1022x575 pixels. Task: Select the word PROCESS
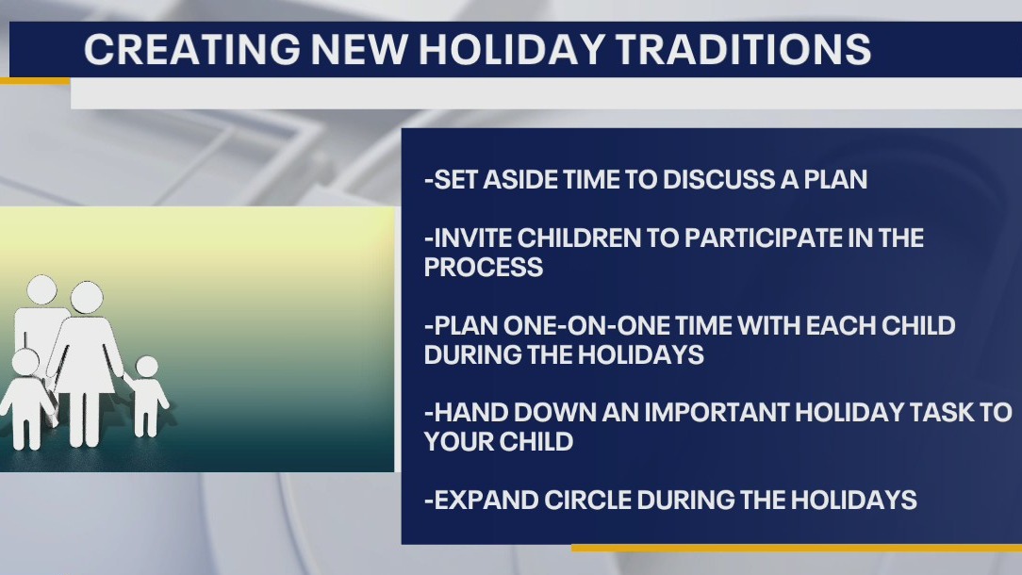[484, 268]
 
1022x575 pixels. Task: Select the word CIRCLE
[602, 501]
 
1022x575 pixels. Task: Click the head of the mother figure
[86, 299]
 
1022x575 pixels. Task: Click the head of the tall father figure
[41, 290]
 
